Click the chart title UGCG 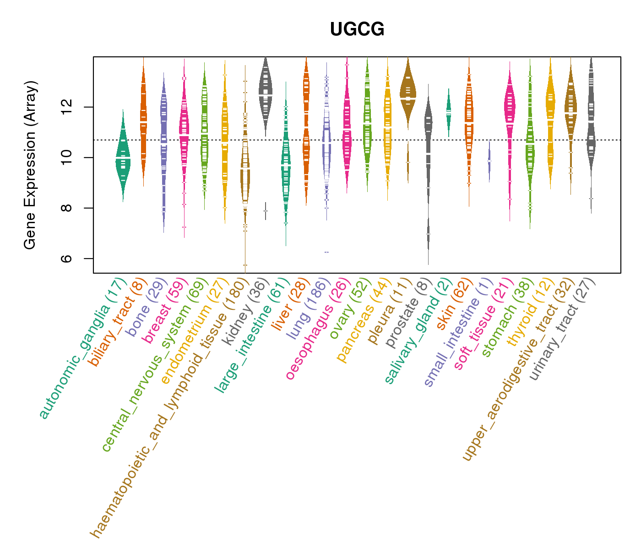[x=357, y=30]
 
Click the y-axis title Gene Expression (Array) [x=30, y=165]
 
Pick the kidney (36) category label [x=243, y=312]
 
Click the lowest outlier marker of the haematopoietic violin [x=245, y=265]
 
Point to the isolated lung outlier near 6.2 [x=326, y=252]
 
